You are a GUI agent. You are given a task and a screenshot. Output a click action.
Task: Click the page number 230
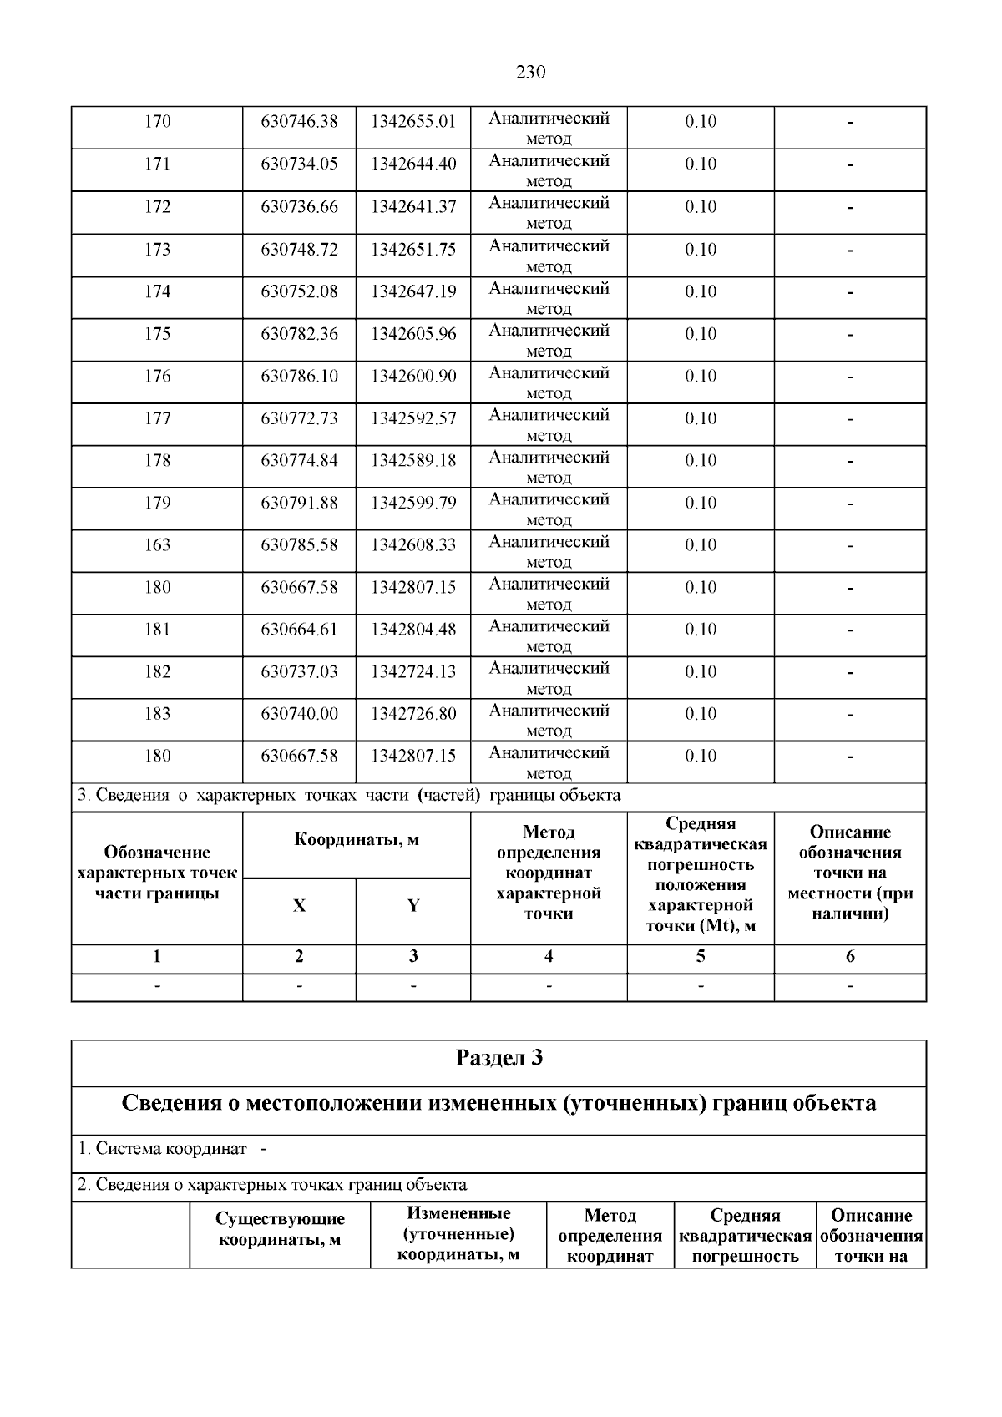coord(530,73)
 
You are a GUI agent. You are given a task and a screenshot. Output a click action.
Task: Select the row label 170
coord(157,122)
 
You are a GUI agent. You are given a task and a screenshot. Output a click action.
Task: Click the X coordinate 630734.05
coord(299,164)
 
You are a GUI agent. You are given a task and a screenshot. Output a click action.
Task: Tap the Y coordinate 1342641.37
coord(413,206)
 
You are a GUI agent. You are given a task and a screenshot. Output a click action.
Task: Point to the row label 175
coord(157,334)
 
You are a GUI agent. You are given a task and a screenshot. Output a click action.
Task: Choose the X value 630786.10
coord(299,377)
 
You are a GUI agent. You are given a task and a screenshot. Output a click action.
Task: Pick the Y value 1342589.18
coord(413,461)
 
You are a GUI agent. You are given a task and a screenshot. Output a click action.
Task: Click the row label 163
coord(157,545)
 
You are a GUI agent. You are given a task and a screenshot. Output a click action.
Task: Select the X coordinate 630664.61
coord(299,630)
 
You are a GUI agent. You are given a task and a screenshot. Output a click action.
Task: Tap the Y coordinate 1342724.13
coord(413,672)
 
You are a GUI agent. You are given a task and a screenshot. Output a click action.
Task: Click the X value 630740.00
coord(299,714)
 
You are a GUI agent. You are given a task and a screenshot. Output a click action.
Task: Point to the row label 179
coord(157,503)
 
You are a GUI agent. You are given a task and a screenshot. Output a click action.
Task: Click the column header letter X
coord(299,906)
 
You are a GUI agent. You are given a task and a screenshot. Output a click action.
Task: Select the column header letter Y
coord(413,906)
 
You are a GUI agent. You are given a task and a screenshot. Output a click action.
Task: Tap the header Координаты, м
coord(357,840)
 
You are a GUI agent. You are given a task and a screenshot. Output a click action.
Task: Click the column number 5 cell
coord(700,957)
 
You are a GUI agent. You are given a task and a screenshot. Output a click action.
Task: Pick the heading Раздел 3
coord(498,1059)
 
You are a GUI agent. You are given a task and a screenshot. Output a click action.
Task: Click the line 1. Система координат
coord(163,1149)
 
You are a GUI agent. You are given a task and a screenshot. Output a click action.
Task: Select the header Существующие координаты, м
coord(280,1230)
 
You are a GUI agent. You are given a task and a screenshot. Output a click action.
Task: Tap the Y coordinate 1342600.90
coord(413,377)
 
